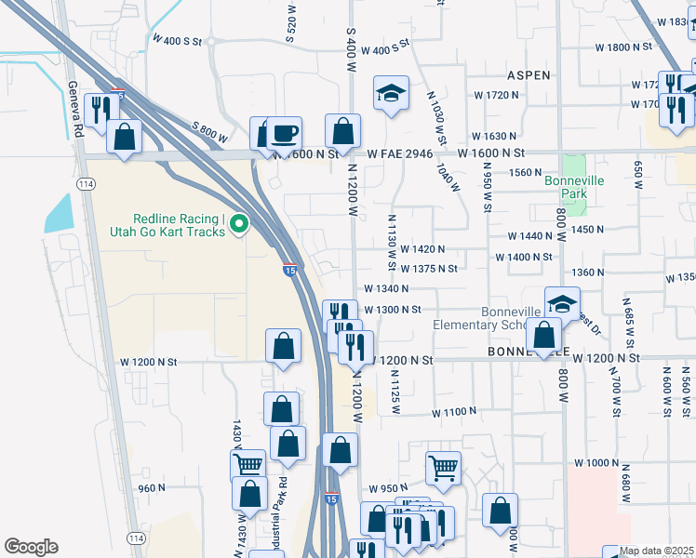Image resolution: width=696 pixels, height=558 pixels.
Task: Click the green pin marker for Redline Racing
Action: (x=239, y=224)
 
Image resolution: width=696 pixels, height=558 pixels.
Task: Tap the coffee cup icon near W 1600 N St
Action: (x=286, y=133)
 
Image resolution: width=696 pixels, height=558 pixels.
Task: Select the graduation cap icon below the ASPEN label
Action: (x=391, y=92)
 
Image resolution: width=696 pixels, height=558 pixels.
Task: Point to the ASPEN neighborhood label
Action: (x=529, y=74)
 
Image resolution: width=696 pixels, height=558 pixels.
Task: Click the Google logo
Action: (x=31, y=547)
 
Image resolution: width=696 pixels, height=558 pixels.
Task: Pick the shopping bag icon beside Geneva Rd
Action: (x=124, y=137)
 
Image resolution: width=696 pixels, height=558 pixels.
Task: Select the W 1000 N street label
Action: (x=596, y=462)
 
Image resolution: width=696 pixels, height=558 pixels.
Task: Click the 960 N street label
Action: (x=151, y=487)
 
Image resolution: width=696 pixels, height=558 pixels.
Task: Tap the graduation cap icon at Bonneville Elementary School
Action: (x=562, y=303)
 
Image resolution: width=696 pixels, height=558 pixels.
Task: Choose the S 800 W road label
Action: (x=208, y=133)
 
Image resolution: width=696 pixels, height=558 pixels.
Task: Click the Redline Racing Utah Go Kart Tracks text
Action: (x=180, y=224)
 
